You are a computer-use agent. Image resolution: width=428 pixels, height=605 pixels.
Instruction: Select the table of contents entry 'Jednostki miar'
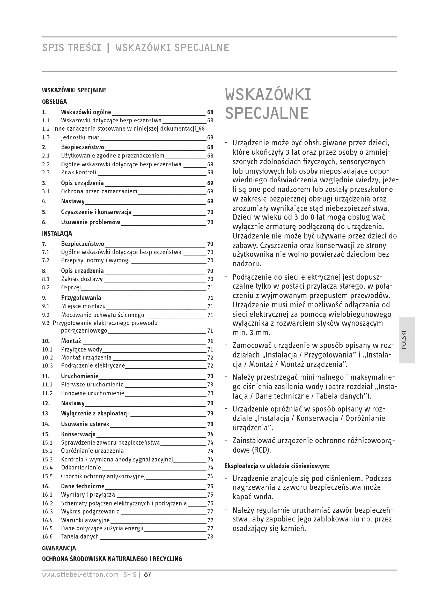point(80,137)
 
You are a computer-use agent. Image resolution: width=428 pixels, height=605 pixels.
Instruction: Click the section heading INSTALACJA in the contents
point(57,234)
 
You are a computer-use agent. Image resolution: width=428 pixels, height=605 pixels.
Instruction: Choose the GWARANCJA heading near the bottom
point(59,548)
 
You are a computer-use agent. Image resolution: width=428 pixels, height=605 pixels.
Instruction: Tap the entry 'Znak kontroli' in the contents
point(79,173)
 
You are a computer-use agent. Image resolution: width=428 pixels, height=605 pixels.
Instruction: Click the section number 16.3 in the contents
point(47,511)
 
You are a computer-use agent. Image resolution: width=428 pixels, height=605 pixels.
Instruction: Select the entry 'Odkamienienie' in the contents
point(81,467)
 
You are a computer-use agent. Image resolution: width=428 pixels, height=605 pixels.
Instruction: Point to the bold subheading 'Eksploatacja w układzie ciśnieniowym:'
point(277,466)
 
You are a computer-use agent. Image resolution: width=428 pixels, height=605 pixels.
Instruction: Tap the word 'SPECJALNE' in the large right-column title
point(267,113)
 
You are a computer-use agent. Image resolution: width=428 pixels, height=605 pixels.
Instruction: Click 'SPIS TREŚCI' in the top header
point(71,48)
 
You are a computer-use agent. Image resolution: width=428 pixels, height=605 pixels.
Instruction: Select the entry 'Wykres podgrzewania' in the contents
point(90,511)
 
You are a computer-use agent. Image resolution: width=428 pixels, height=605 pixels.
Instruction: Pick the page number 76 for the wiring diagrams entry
point(210,503)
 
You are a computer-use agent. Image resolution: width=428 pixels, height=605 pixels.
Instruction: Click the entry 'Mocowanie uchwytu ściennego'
point(102,315)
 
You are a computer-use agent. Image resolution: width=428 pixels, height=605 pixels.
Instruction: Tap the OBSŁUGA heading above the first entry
point(55,102)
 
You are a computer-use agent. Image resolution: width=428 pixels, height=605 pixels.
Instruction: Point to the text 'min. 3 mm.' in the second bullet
point(252,332)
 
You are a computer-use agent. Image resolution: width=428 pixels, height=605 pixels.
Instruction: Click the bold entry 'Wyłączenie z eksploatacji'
point(95,413)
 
